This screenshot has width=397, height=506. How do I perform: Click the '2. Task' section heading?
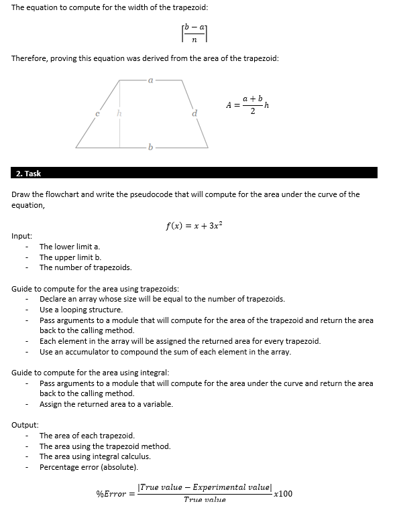coord(28,173)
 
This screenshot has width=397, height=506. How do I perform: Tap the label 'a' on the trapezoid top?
coord(150,80)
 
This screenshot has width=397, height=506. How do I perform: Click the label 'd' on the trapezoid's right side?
coord(194,114)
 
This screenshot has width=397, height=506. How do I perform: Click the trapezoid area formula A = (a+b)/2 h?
coord(247,105)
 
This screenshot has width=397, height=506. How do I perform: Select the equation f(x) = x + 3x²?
coord(194,226)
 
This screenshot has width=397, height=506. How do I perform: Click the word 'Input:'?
coord(22,236)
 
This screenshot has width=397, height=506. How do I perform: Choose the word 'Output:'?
coord(25,425)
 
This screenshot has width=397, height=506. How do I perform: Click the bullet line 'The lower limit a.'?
coord(70,247)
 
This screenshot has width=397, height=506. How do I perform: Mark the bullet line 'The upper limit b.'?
coord(70,257)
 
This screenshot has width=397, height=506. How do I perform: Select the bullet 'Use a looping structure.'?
coord(81,310)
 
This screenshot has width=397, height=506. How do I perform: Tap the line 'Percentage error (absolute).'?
coord(89,466)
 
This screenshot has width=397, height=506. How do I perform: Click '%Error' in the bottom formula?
coord(111,494)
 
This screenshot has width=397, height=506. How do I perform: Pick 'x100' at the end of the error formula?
coord(284,493)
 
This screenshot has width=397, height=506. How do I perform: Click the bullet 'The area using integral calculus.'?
coord(95,456)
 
